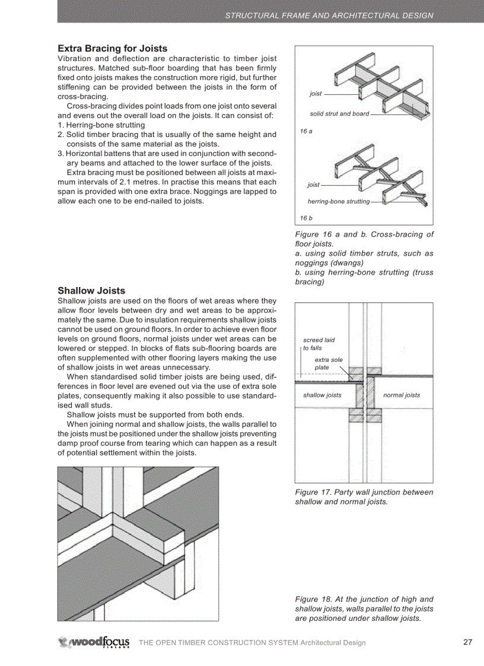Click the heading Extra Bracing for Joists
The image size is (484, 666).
[x=112, y=49]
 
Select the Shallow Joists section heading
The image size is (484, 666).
[x=91, y=291]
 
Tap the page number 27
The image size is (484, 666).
[x=467, y=642]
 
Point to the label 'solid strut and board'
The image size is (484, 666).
[x=339, y=114]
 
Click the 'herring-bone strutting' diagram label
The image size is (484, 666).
[x=338, y=202]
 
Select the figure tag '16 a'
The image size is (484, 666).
[x=306, y=131]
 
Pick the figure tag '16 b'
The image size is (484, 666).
[x=306, y=218]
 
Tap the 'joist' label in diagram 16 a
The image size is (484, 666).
[x=316, y=94]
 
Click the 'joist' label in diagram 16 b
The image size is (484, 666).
[x=313, y=185]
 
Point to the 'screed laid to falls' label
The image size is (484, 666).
[x=319, y=344]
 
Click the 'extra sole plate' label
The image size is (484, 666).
[x=328, y=364]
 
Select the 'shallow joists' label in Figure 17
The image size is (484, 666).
[x=322, y=395]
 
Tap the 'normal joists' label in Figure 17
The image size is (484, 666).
[x=402, y=395]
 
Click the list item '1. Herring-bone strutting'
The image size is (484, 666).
[x=101, y=125]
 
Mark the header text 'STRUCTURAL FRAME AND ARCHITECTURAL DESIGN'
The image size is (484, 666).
[x=329, y=15]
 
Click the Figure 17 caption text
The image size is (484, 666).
[x=364, y=497]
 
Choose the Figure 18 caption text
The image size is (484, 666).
[x=364, y=608]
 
